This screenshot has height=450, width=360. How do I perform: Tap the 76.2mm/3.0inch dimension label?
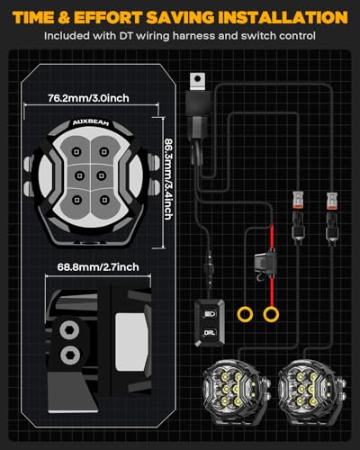click(88, 98)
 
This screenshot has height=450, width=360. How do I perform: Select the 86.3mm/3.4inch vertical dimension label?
click(168, 179)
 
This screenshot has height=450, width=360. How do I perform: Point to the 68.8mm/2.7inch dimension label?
click(98, 267)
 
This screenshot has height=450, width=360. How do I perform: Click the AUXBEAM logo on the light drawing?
click(91, 122)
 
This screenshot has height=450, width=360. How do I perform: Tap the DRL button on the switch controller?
click(210, 333)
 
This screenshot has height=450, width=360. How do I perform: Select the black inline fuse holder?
click(265, 263)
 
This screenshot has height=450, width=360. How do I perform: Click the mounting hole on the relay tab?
click(197, 79)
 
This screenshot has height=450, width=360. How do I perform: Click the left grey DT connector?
click(298, 200)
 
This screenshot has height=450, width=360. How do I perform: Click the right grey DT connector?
click(332, 200)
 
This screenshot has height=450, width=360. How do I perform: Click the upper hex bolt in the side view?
click(69, 330)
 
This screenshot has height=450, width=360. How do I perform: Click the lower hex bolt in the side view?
click(70, 355)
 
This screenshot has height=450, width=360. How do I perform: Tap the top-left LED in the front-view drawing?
click(76, 151)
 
